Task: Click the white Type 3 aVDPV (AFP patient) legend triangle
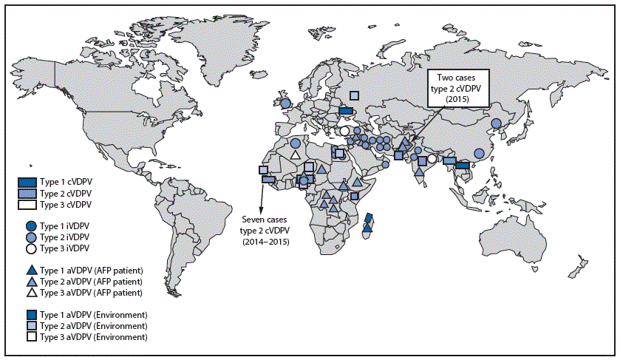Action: (30, 292)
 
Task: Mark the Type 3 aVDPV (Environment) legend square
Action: (30, 337)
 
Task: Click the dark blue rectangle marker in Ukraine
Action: (345, 112)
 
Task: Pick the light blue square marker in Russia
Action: (355, 95)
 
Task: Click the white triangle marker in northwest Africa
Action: (295, 155)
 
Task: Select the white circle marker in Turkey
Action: (344, 132)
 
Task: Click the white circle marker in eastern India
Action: (432, 157)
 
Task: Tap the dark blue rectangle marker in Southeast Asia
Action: (463, 166)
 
